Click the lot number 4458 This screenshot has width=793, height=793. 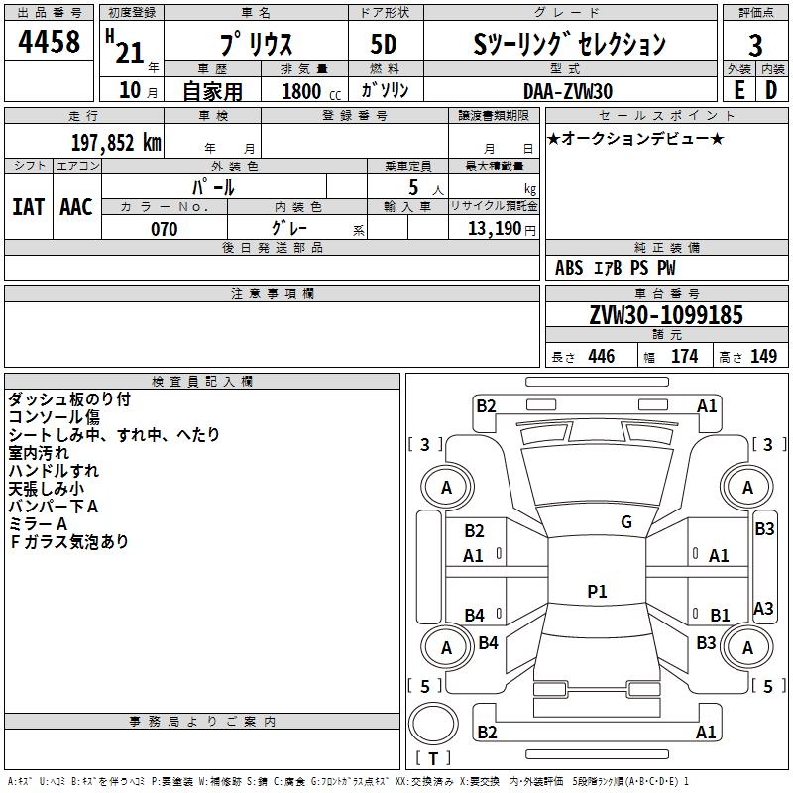click(x=49, y=41)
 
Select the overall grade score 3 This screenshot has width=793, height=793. click(x=755, y=45)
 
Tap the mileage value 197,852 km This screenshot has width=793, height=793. click(x=116, y=143)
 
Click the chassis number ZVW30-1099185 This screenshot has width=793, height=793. click(x=666, y=314)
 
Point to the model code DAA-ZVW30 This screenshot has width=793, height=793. click(x=568, y=91)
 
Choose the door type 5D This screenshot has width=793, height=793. click(x=384, y=44)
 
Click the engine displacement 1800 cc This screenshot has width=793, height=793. click(x=311, y=91)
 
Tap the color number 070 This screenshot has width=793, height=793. click(x=164, y=229)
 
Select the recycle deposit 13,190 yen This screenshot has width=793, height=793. click(x=502, y=229)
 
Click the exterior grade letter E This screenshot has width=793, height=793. click(x=738, y=90)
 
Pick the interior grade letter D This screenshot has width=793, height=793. click(x=771, y=90)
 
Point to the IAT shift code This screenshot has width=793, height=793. click(x=29, y=207)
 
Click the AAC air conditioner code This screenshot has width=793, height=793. click(x=76, y=207)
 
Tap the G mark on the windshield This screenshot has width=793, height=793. click(x=626, y=521)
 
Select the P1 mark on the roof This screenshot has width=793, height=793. click(x=597, y=591)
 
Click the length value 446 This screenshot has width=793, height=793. click(x=602, y=356)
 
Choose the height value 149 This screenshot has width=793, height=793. click(x=763, y=356)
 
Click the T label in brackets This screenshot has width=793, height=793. click(x=433, y=758)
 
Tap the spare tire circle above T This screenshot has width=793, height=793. click(x=433, y=723)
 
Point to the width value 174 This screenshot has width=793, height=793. click(x=684, y=356)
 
